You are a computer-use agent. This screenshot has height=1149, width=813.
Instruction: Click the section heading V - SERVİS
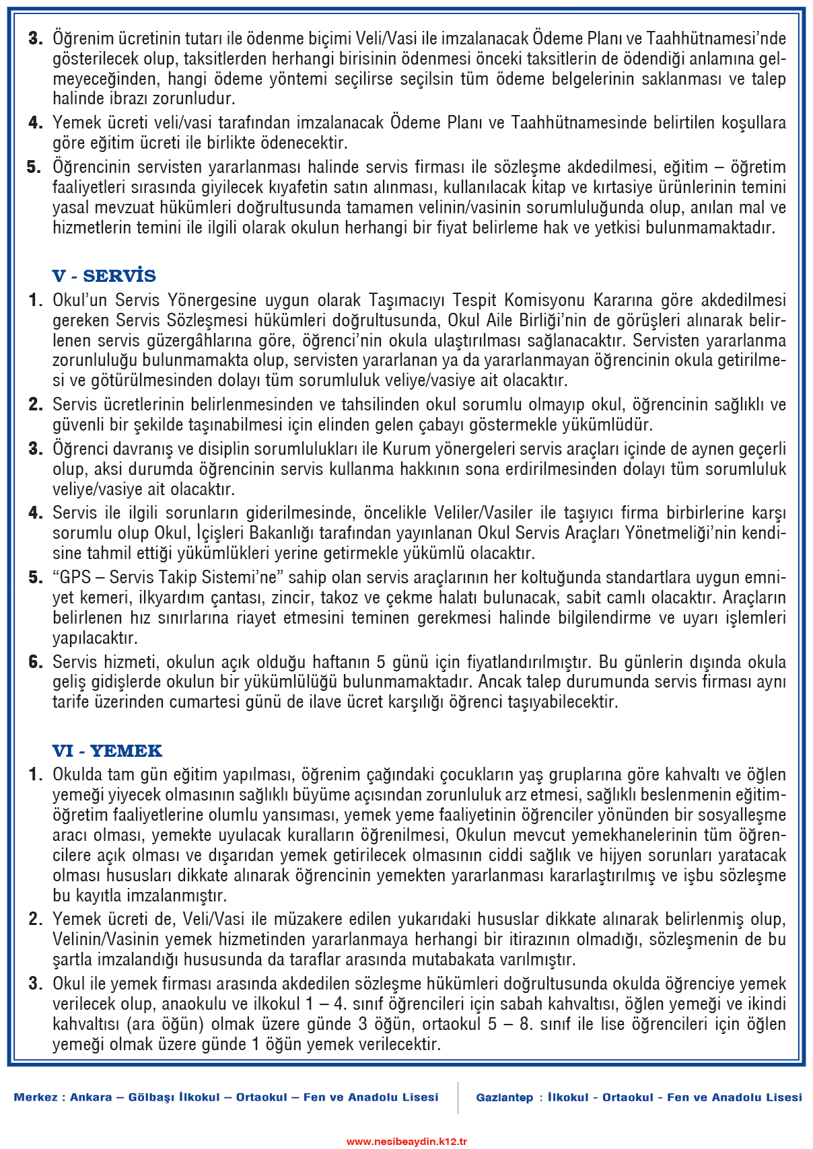tap(104, 276)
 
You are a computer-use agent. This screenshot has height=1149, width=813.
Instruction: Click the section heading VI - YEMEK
tap(107, 751)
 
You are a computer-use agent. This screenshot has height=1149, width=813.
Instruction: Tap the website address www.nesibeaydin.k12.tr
tap(406, 1141)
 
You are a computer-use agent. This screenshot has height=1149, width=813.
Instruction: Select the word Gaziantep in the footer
tap(504, 1097)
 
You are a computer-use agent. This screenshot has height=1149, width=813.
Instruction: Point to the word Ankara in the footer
tap(91, 1097)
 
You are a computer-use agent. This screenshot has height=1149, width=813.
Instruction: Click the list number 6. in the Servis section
tap(36, 662)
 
